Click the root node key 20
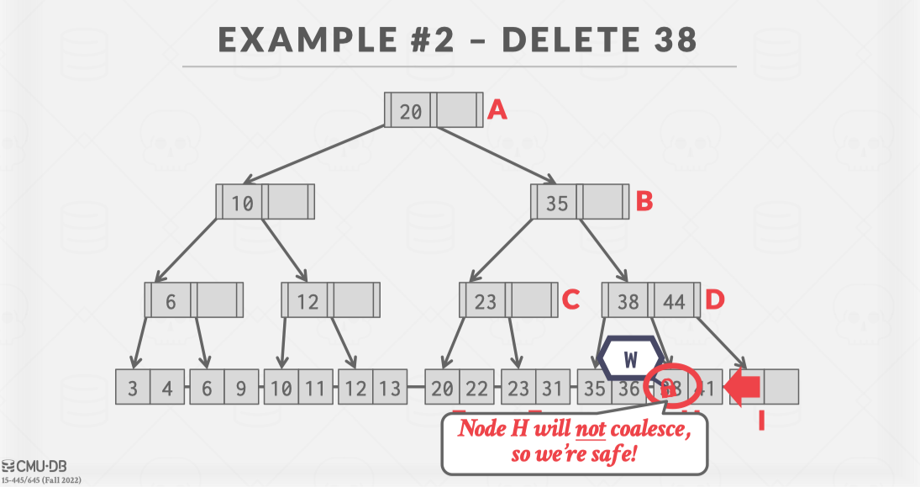click(x=410, y=110)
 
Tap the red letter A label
click(x=497, y=110)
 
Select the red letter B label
click(x=644, y=202)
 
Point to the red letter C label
click(x=571, y=299)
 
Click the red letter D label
click(x=715, y=299)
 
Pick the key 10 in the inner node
click(x=242, y=203)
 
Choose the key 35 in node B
click(x=556, y=203)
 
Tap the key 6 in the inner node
click(x=171, y=300)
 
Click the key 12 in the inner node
click(x=308, y=300)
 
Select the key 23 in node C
click(x=486, y=300)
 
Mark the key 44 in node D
click(x=674, y=300)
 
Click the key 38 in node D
click(x=628, y=300)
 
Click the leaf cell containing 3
click(x=134, y=388)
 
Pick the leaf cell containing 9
click(x=241, y=388)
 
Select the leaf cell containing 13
click(x=390, y=388)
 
